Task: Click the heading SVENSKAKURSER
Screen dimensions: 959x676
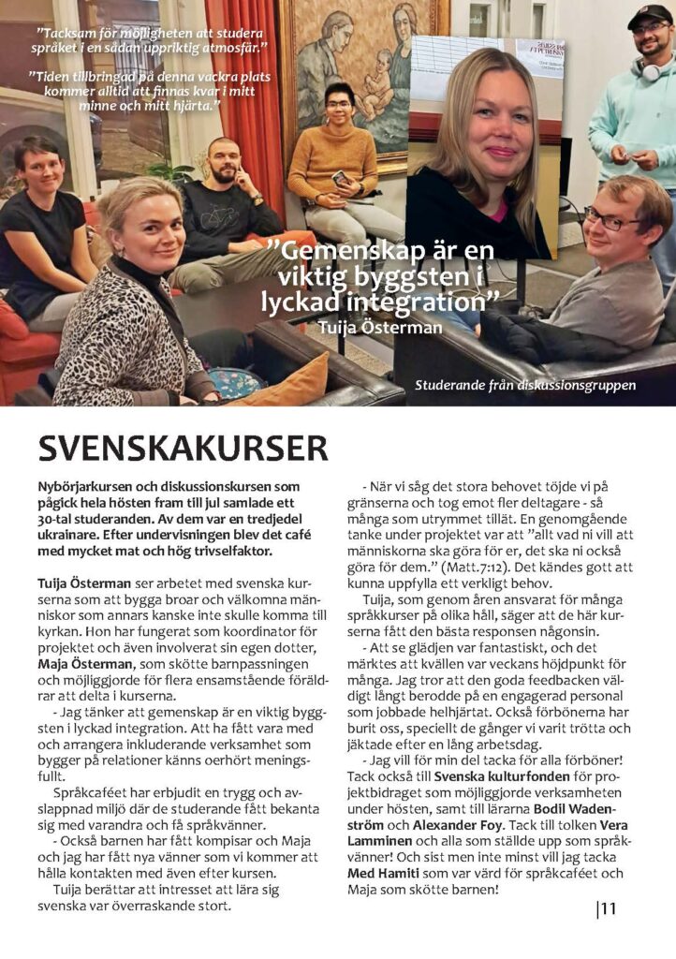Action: click(184, 450)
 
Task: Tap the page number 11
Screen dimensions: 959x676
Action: click(608, 907)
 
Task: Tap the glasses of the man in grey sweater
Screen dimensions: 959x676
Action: click(608, 222)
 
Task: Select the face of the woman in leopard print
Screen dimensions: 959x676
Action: click(147, 229)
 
